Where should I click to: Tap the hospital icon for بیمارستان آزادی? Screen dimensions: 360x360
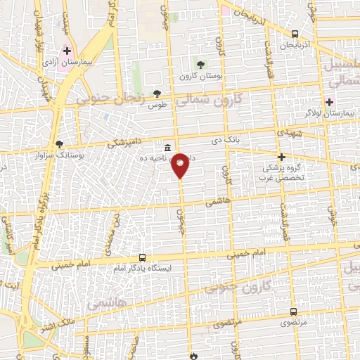tap(67, 51)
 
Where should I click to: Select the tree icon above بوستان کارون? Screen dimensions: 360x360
tap(203, 65)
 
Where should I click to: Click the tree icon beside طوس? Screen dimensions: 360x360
tap(157, 93)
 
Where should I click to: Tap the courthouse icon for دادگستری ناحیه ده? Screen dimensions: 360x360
tap(167, 148)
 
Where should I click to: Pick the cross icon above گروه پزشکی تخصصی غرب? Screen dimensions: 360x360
tap(281, 157)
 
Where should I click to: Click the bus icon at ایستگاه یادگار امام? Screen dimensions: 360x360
tap(143, 257)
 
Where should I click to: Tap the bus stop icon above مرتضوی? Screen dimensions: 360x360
tap(293, 311)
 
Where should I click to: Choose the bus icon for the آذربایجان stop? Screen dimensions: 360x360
tap(294, 33)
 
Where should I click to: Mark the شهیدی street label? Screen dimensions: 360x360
tap(288, 133)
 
